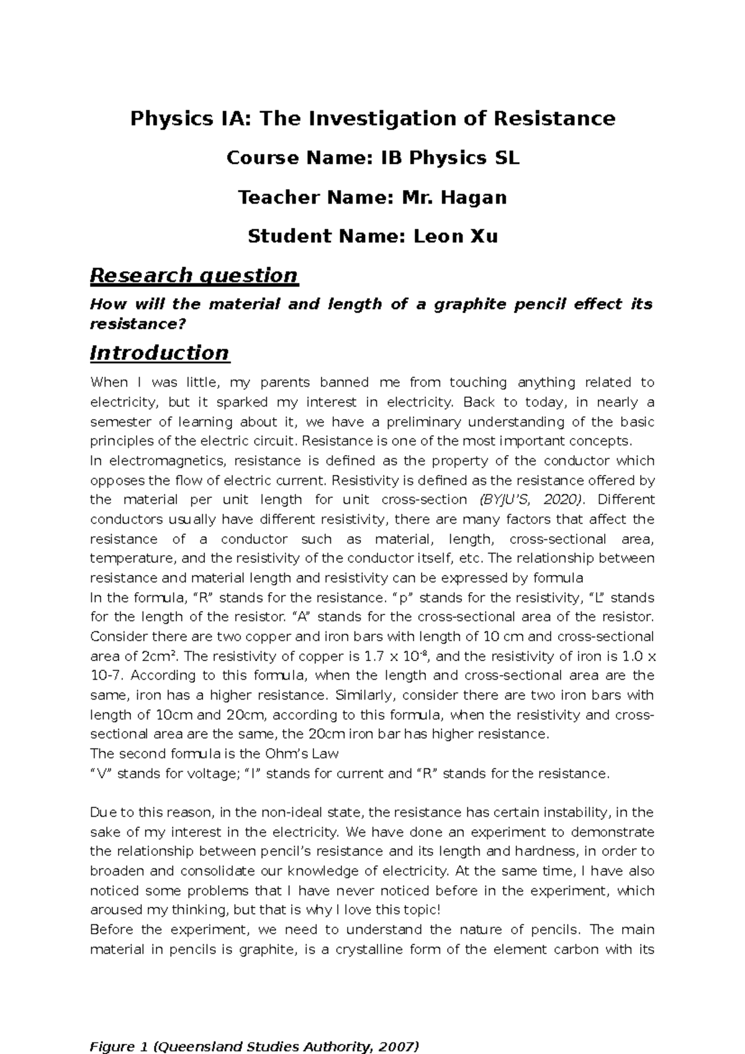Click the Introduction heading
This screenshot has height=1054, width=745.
click(160, 353)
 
